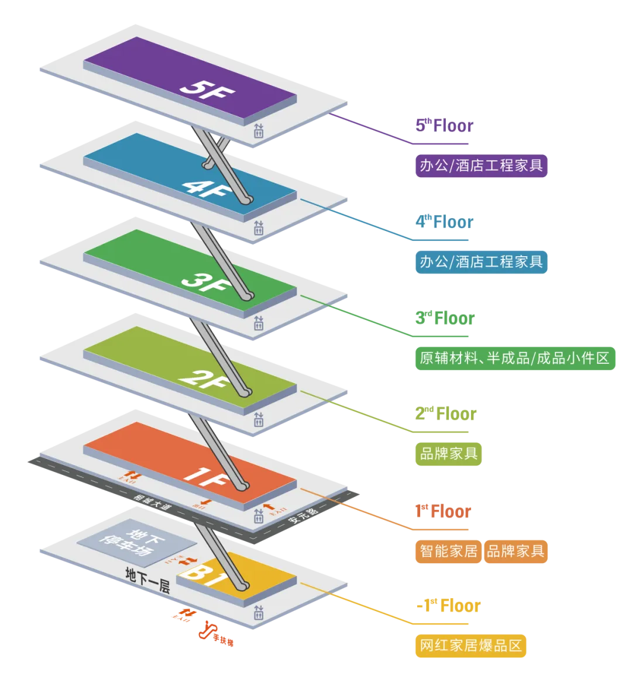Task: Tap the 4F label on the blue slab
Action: pyautogui.click(x=203, y=187)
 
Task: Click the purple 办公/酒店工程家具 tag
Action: pyautogui.click(x=482, y=166)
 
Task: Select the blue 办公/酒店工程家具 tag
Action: pyautogui.click(x=482, y=261)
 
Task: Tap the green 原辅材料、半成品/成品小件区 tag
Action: pyautogui.click(x=514, y=358)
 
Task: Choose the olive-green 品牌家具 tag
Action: pyautogui.click(x=448, y=453)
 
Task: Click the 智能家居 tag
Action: pyautogui.click(x=448, y=551)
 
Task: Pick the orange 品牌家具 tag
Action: pyautogui.click(x=516, y=551)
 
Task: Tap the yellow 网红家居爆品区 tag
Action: pyautogui.click(x=470, y=646)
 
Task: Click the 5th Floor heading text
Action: pyautogui.click(x=444, y=125)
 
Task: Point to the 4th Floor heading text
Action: pyautogui.click(x=444, y=222)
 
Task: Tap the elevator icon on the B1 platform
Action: pyautogui.click(x=259, y=613)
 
